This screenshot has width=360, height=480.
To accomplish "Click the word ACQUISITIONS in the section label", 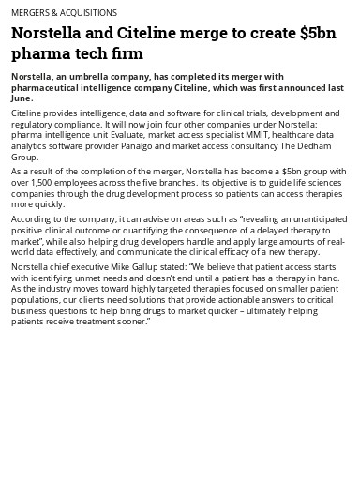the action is [88, 13].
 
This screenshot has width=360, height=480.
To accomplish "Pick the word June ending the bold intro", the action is [21, 97].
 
